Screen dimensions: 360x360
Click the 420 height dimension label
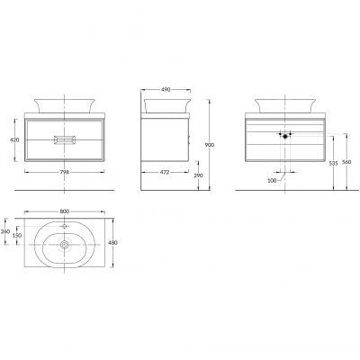[14, 139]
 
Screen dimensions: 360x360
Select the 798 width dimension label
[65, 172]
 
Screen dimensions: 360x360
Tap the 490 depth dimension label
[166, 89]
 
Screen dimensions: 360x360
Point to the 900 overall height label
[210, 145]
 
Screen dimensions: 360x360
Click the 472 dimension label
[165, 172]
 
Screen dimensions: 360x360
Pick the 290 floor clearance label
[198, 175]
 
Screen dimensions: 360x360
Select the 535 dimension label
[333, 164]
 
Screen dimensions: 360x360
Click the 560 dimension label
[346, 162]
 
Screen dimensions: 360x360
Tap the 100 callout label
[272, 181]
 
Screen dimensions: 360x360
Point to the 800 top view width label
[65, 211]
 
